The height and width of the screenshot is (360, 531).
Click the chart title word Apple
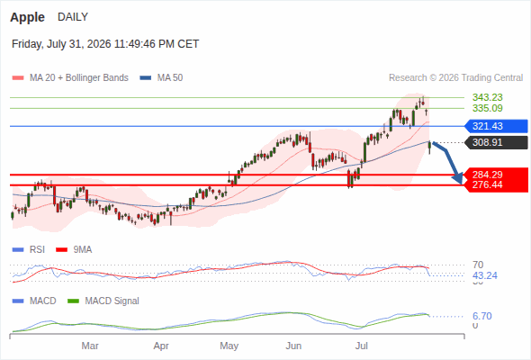tap(27, 17)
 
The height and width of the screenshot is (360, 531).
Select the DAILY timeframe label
tap(73, 16)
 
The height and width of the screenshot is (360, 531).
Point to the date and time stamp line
tap(105, 44)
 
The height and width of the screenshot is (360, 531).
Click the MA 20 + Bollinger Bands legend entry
tap(70, 78)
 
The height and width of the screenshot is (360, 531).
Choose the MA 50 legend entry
tap(161, 78)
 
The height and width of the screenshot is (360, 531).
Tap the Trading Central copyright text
tap(455, 78)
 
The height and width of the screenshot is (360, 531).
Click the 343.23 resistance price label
tap(488, 97)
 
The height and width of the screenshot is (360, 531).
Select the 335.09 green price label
tap(488, 108)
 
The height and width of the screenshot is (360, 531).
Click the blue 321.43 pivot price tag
tap(496, 126)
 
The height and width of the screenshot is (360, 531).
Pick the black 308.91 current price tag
tap(496, 142)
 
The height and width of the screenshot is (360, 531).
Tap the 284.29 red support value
tap(488, 175)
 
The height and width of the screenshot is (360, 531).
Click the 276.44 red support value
tap(488, 184)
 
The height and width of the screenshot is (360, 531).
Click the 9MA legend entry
tap(74, 250)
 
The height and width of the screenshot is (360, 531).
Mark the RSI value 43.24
tap(485, 275)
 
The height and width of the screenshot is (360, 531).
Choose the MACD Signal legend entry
tap(103, 301)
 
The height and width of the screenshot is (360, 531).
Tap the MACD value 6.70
tap(482, 316)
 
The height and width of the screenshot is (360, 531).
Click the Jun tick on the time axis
tap(293, 346)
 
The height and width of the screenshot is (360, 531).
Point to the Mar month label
tap(90, 346)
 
